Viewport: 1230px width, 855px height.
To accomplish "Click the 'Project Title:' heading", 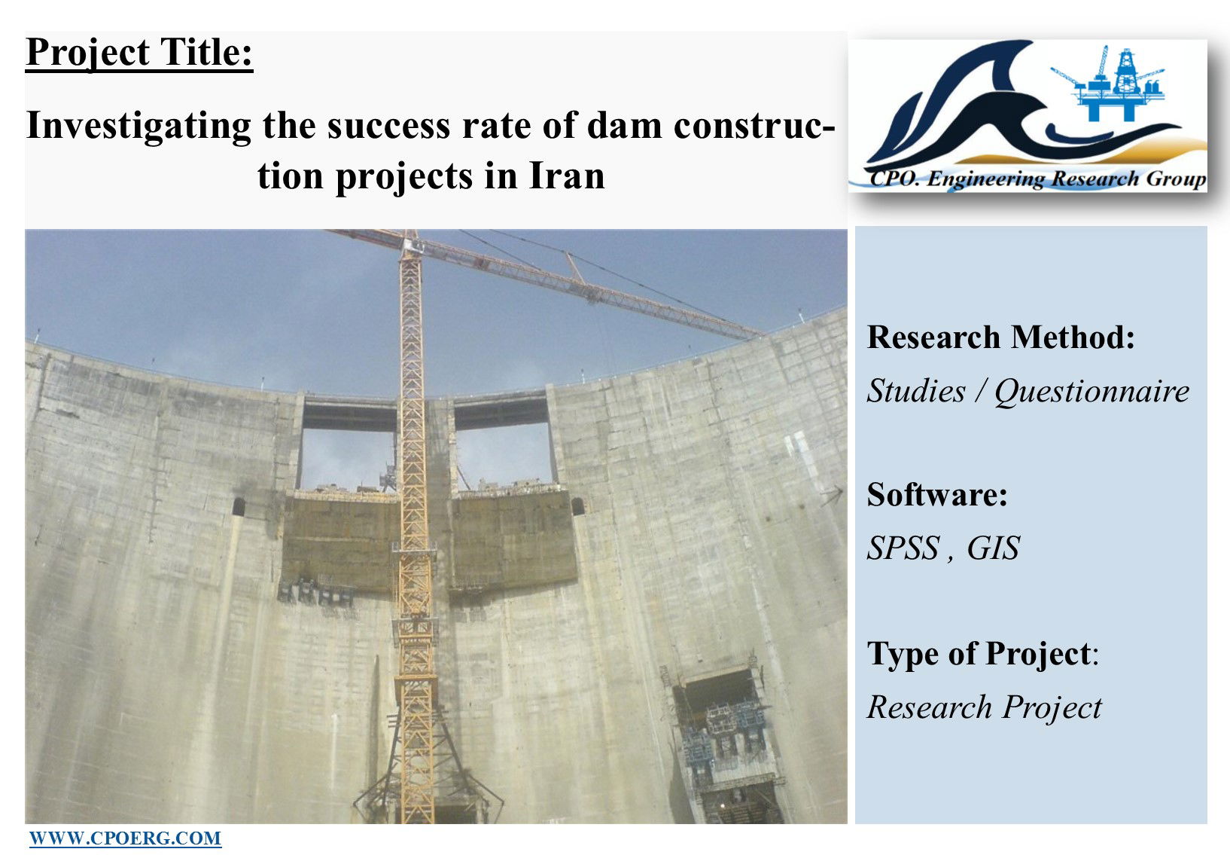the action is point(139,53).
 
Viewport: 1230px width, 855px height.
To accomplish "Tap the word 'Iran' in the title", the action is point(567,176).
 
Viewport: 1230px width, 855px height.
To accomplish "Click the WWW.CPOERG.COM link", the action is point(125,838).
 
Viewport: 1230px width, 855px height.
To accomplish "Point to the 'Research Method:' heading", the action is point(1000,337).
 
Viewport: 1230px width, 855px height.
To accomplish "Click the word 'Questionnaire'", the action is point(1091,391).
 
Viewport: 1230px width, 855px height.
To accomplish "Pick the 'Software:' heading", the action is point(936,494).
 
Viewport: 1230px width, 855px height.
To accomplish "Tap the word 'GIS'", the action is point(993,548).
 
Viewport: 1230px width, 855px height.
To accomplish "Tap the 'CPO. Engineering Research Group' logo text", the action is point(1037,179).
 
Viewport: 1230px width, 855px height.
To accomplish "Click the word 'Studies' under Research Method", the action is point(915,391).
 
